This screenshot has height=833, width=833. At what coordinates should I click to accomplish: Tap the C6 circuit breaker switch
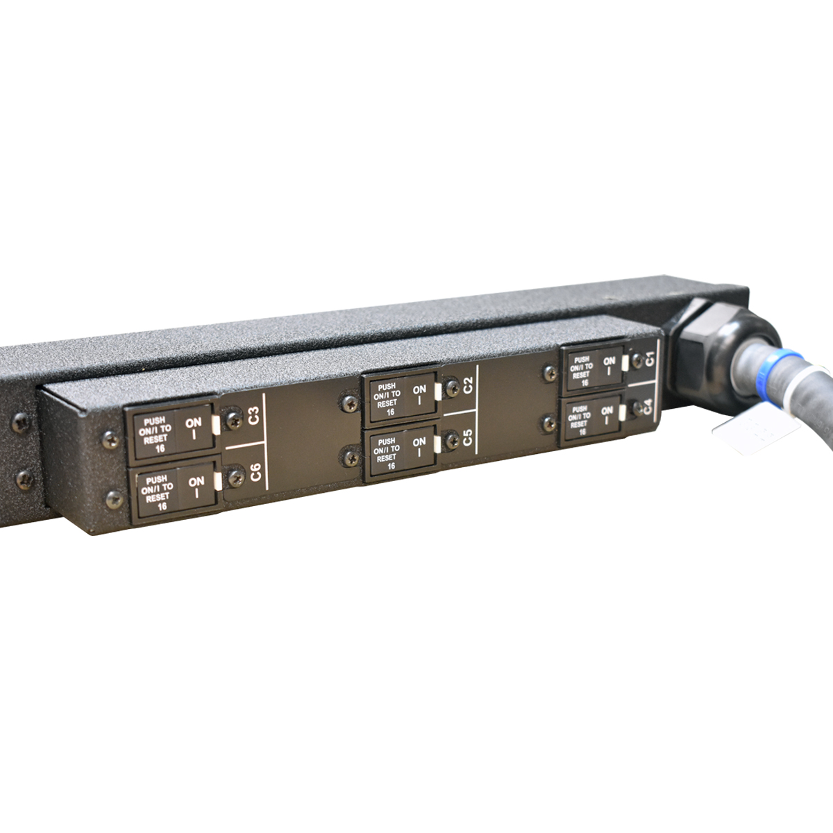(174, 491)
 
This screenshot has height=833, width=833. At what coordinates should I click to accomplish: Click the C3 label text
(253, 416)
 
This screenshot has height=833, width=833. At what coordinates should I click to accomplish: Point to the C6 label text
(255, 474)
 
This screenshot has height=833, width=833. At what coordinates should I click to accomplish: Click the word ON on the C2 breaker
(419, 390)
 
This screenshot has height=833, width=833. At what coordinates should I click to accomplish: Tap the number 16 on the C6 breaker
(162, 506)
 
